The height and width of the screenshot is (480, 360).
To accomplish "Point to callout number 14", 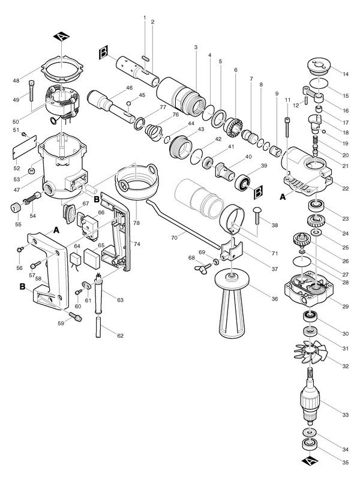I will (346, 74).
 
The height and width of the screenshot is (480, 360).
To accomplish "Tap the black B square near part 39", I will (259, 193).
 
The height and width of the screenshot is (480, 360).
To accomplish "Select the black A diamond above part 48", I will (63, 38).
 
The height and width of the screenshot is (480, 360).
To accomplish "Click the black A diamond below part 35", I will (310, 461).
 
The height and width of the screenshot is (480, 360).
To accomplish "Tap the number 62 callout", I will (121, 335).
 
